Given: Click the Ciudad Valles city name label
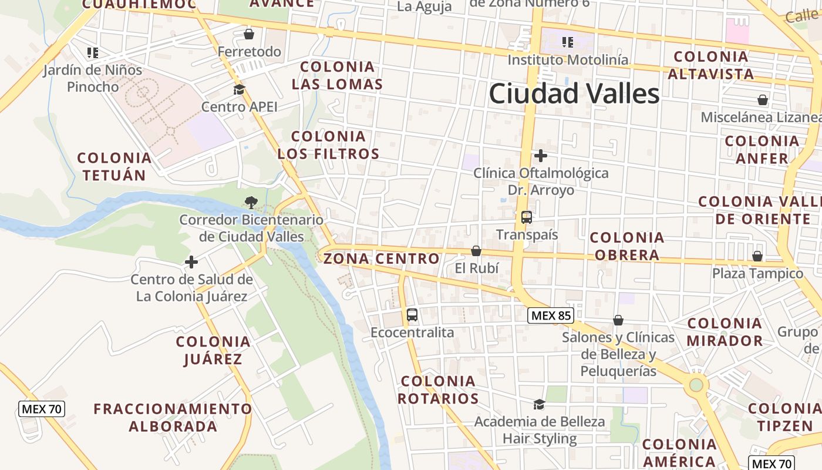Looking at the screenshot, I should tap(574, 94).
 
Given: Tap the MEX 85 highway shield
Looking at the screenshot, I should tap(550, 315).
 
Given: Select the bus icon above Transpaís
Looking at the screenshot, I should tap(527, 217).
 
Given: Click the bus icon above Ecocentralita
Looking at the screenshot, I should tap(412, 315).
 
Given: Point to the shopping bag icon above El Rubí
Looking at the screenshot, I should tap(476, 251).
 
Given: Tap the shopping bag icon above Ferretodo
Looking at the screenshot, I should tap(249, 34).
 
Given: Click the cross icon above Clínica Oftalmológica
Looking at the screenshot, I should tap(541, 156).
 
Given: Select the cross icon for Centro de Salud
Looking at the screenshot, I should tap(191, 262).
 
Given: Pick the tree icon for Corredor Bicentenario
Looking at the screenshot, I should tap(251, 203).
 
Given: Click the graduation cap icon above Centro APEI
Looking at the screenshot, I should tap(239, 90).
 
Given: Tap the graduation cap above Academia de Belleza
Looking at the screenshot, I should tap(539, 404).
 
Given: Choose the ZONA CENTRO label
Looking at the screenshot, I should tap(381, 258).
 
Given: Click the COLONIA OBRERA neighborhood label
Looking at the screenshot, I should tap(627, 246).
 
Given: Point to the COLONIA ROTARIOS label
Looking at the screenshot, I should tap(438, 390).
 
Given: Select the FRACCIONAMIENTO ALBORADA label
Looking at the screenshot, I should tap(173, 417).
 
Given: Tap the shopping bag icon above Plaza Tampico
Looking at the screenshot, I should tap(757, 257).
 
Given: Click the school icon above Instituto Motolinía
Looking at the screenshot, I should tap(567, 42).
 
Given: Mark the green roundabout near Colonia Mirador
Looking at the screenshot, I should tap(696, 385).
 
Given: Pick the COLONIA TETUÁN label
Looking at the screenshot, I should tap(114, 166).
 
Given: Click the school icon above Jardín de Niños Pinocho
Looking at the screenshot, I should tap(92, 53).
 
